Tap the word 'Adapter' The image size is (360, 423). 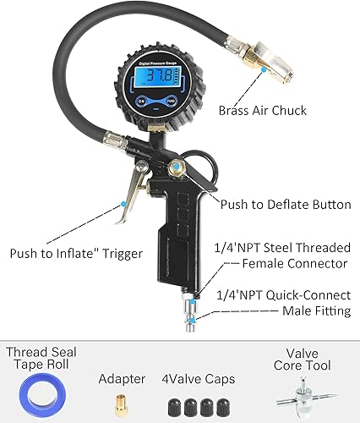pos(122,380)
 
